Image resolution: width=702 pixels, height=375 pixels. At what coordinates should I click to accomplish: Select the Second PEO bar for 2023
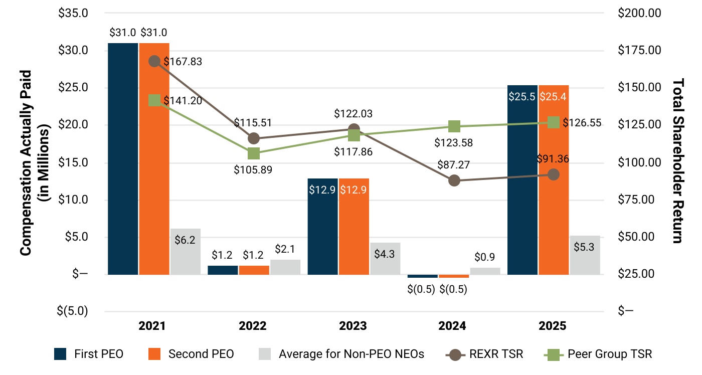354,226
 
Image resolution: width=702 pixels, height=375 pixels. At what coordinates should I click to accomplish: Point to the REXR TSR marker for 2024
454,180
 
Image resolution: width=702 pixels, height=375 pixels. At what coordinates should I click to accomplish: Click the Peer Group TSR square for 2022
254,153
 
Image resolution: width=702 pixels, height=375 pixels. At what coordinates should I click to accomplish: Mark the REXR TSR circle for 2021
154,61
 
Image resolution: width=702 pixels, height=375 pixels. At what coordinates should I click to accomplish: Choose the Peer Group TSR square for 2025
554,122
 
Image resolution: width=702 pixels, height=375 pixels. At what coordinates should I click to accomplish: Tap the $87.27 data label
454,164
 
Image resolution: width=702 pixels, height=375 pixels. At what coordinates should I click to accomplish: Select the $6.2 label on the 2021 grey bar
185,240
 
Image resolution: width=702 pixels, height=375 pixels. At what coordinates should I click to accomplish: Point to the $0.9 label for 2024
484,257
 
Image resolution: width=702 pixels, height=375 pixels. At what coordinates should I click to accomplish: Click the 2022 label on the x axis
253,326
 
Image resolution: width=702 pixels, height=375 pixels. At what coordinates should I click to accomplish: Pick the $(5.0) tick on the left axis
73,311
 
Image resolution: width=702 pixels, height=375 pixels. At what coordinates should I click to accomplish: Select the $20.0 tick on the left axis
74,125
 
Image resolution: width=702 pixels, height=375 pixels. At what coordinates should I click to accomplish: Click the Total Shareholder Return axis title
678,160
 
